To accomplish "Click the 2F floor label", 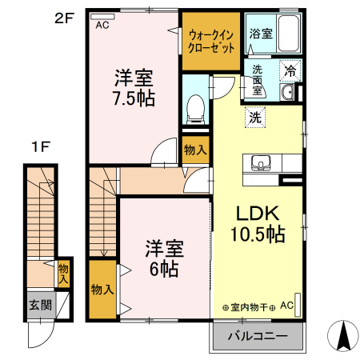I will point(63,16).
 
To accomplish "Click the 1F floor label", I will point(41,147).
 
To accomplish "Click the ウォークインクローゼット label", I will point(211,41).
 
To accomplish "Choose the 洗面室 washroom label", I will point(257,80).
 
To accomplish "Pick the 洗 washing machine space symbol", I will point(254,117).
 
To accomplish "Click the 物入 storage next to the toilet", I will point(194,149).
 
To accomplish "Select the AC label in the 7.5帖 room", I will point(102,25).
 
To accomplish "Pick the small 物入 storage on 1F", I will point(63,273).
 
